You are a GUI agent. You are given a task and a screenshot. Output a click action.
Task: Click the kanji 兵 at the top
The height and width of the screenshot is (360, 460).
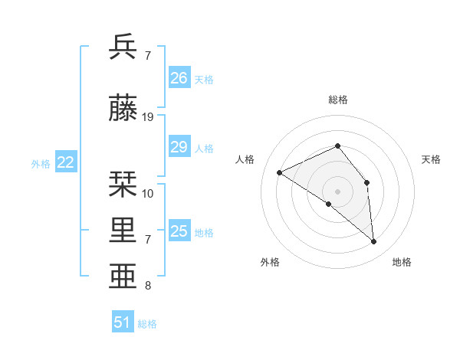pos(123,47)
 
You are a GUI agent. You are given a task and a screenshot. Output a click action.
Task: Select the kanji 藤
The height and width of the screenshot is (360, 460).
pos(123,109)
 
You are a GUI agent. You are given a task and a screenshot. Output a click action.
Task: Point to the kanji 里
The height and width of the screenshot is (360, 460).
pos(123,231)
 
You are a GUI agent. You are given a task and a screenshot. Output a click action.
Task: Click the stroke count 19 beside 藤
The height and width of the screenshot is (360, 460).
pos(148,117)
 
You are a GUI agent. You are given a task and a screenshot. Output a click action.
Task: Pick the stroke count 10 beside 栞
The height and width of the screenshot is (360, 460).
pos(148,193)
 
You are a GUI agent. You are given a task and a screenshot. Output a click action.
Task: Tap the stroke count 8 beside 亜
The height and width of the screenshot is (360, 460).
pos(148,286)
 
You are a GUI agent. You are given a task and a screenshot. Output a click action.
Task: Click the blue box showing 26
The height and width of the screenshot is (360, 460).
pos(179,77)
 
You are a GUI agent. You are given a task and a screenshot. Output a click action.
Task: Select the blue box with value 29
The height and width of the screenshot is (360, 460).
pos(179,147)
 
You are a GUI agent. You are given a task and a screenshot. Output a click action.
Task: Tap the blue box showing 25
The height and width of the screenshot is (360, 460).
pos(179,231)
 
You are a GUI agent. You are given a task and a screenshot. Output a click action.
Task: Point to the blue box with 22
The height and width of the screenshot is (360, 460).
pos(66,162)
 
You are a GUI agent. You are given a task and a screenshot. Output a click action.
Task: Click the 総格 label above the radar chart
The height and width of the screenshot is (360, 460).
pos(338,100)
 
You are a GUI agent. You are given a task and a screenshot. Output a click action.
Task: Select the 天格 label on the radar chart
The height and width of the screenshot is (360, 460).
pos(431,159)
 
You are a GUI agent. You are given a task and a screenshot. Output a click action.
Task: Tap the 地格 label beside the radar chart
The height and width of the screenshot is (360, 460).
pos(402,262)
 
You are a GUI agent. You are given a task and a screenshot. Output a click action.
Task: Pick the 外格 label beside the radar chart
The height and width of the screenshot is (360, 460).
pos(270,262)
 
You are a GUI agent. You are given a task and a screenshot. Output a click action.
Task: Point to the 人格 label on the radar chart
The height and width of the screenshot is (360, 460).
pos(245,159)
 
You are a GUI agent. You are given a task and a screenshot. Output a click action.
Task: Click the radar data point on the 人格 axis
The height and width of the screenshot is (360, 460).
pos(280,172)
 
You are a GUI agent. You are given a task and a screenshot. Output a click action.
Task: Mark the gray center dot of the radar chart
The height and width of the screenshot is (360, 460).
pos(337,191)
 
